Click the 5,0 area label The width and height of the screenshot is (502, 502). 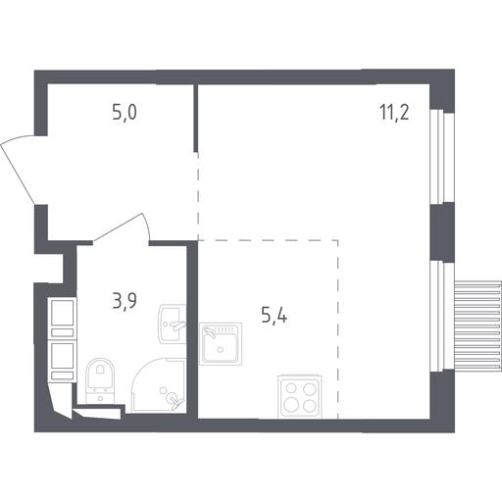click(x=125, y=113)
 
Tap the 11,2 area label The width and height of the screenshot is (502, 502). click(x=394, y=113)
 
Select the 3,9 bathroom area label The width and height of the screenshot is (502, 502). click(x=125, y=301)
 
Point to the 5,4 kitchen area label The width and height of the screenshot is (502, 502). click(x=275, y=316)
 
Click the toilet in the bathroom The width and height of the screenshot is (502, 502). click(x=100, y=379)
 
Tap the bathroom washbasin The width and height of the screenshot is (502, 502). click(x=173, y=324)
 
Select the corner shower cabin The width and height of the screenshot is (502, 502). click(x=159, y=385)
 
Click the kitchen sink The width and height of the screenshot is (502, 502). click(x=221, y=343)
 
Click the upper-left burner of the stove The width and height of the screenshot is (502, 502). click(x=290, y=388)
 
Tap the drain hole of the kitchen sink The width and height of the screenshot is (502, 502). click(x=221, y=349)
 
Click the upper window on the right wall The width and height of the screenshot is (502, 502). click(x=442, y=156)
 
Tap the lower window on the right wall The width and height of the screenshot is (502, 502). click(x=442, y=317)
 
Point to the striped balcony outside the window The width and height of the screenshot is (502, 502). click(x=477, y=326)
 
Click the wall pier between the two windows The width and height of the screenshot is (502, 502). click(x=442, y=232)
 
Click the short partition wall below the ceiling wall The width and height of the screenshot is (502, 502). click(x=195, y=119)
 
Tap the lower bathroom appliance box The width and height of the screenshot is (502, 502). click(x=62, y=361)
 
